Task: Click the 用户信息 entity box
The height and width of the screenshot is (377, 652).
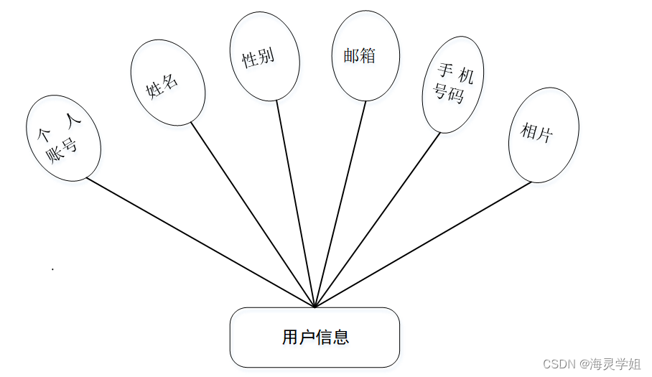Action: [x=315, y=338]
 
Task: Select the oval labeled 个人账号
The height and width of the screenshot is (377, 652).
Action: [x=63, y=137]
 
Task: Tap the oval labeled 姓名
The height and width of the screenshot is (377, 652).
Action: [x=168, y=83]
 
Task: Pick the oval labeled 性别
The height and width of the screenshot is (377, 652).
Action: [x=264, y=56]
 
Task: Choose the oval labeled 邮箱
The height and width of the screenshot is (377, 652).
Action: [x=365, y=56]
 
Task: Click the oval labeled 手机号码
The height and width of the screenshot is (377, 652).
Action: [x=453, y=85]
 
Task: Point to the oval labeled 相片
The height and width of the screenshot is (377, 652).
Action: [x=544, y=134]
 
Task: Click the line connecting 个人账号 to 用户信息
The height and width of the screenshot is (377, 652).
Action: [x=201, y=243]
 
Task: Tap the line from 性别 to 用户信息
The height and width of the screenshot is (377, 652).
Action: [x=296, y=205]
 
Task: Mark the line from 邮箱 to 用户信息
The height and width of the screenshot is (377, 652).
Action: [x=340, y=205]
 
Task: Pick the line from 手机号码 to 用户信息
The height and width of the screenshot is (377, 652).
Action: [x=378, y=220]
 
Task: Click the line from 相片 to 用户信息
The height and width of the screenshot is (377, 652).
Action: [x=424, y=244]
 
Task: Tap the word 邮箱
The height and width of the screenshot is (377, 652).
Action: [x=360, y=56]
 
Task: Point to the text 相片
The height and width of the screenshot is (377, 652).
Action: [x=537, y=132]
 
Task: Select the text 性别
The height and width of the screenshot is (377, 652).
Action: [x=258, y=58]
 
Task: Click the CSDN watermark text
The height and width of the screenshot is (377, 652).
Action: [x=591, y=364]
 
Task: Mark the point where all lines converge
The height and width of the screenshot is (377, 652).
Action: [x=315, y=307]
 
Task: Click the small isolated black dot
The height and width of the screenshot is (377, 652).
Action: [x=52, y=269]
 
